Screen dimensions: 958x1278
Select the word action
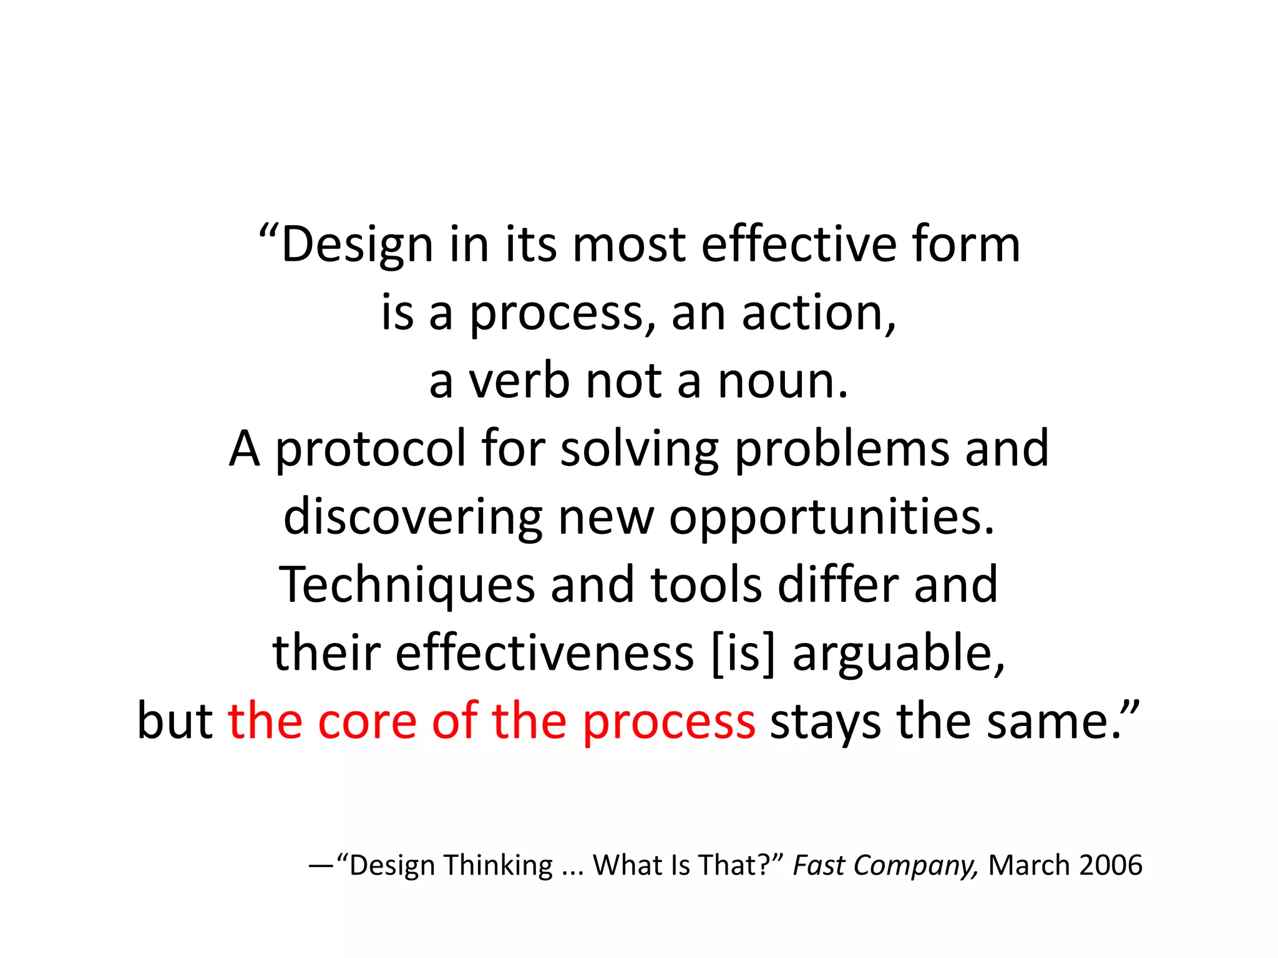pyautogui.click(x=818, y=312)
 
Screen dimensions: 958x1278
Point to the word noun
pyautogui.click(x=783, y=381)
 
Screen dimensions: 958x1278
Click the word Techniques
pyautogui.click(x=406, y=585)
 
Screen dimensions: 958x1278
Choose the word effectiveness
pyautogui.click(x=545, y=653)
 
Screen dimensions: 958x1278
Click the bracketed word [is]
pyautogui.click(x=743, y=653)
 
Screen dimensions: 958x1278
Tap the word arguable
pyautogui.click(x=899, y=653)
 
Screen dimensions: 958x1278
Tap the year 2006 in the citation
pyautogui.click(x=1110, y=866)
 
